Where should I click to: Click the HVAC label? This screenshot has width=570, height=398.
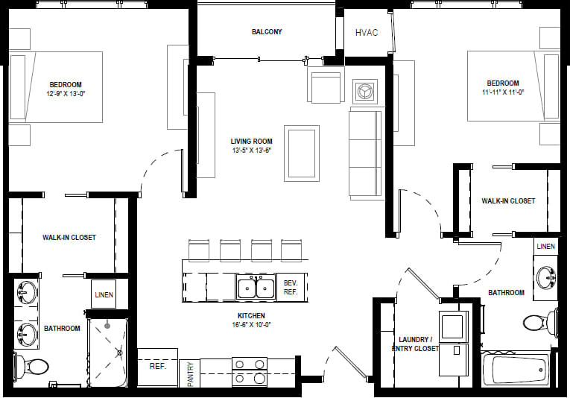click(x=367, y=33)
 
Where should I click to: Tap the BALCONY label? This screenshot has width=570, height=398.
click(x=267, y=32)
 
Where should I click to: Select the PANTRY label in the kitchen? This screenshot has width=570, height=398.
click(x=190, y=373)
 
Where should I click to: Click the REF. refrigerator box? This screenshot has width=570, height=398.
click(x=157, y=367)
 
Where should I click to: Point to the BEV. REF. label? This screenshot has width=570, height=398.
click(x=291, y=287)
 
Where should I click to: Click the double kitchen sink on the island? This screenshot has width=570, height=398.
click(x=256, y=287)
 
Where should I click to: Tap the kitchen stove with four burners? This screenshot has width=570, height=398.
click(x=250, y=371)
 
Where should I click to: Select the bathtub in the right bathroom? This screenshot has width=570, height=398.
click(x=516, y=369)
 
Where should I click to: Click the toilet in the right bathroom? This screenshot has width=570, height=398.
click(x=537, y=323)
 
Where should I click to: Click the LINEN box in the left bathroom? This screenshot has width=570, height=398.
click(x=104, y=294)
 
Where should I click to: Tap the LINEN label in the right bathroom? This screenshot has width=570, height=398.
click(x=545, y=247)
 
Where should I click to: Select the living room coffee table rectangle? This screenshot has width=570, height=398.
click(x=302, y=153)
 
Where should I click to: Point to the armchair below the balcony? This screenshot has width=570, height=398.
click(x=326, y=86)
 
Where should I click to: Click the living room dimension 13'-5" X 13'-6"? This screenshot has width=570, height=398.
click(x=251, y=150)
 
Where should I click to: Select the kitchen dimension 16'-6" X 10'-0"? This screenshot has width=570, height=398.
click(x=251, y=325)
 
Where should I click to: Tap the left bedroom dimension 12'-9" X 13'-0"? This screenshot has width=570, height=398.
click(x=66, y=94)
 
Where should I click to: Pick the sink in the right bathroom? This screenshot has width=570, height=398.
click(x=548, y=277)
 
